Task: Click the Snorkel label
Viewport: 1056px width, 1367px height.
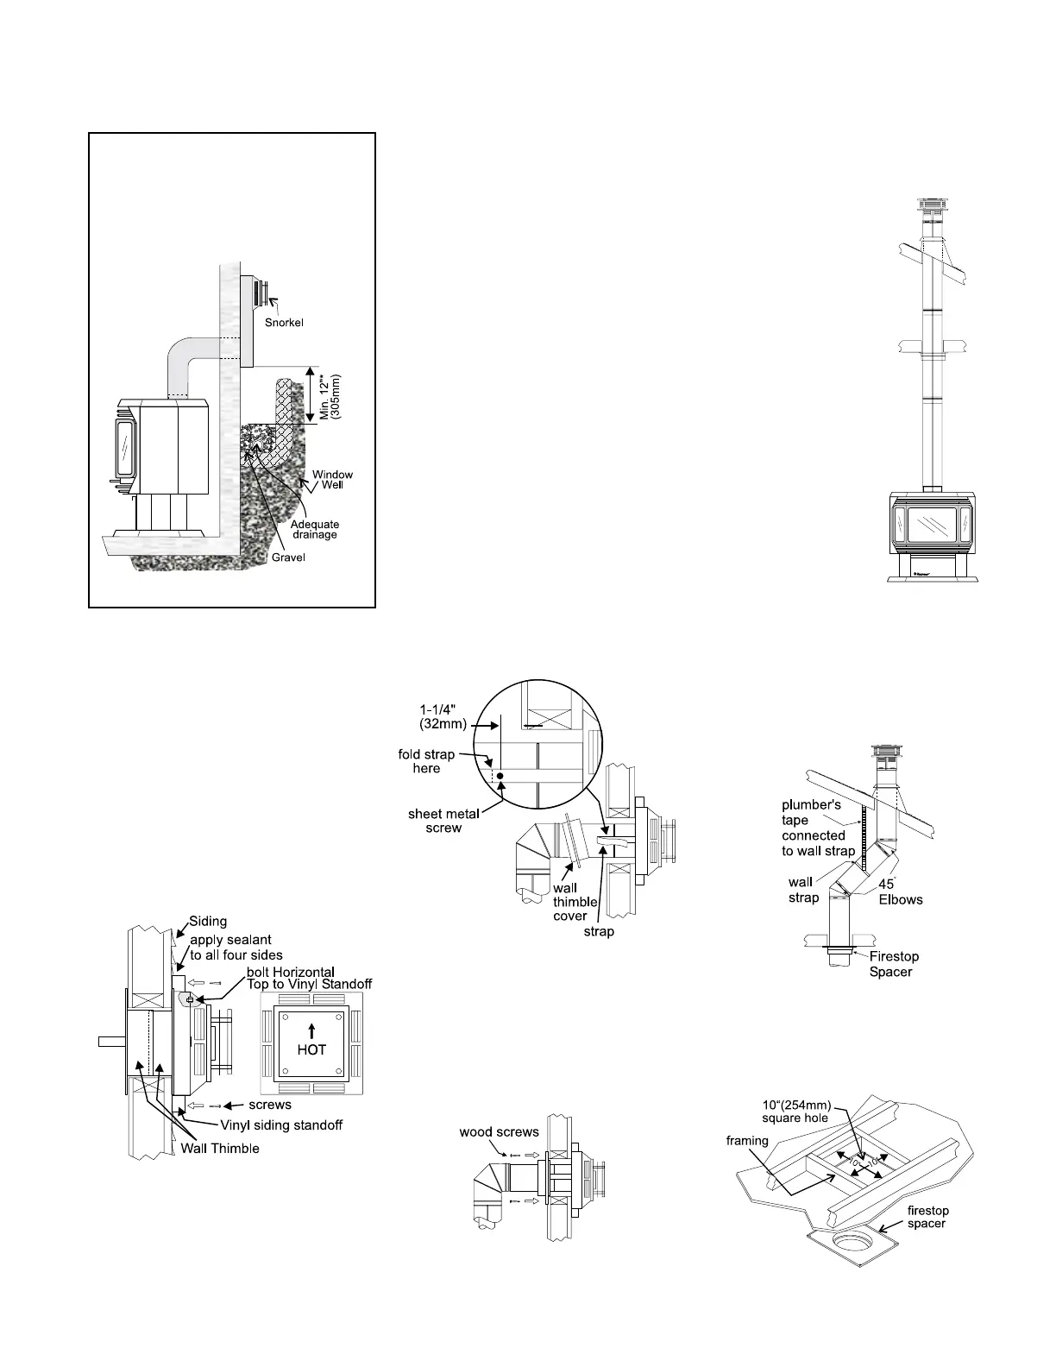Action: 284,322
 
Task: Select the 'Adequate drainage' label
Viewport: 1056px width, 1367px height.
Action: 315,530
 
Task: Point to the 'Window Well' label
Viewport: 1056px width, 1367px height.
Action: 332,480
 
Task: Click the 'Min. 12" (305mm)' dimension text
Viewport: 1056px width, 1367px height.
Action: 330,397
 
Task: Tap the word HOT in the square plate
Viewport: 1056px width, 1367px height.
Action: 311,1050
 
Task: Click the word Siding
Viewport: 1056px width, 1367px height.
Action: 208,921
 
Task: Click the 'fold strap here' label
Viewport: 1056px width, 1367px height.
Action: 426,761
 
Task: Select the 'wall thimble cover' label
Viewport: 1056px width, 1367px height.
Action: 574,902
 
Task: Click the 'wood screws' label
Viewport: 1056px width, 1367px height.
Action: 499,1131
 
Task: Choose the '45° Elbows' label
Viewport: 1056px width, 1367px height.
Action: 900,892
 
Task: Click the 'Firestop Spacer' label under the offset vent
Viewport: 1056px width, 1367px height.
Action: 893,964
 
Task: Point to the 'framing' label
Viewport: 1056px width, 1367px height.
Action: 747,1141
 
